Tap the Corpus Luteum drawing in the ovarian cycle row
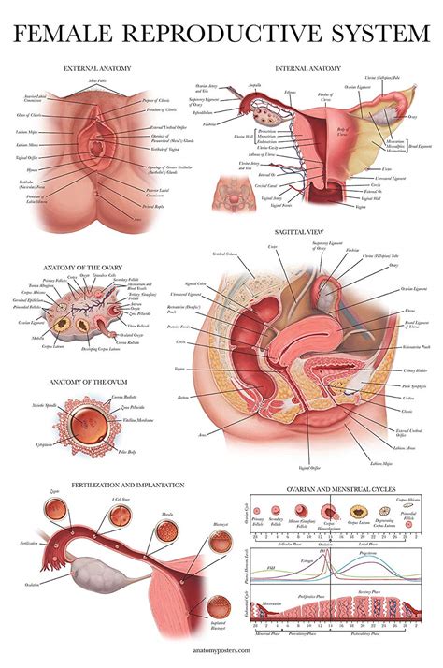(355, 513)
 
